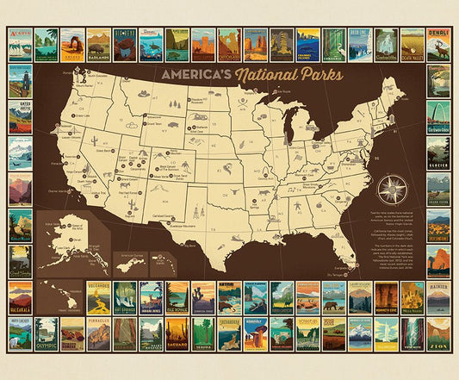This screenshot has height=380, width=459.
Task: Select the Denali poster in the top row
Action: tap(438, 45)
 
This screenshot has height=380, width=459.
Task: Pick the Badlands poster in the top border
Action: tap(99, 45)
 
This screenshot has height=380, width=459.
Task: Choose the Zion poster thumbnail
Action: tap(438, 333)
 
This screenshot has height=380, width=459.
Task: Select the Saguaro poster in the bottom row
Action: tap(177, 333)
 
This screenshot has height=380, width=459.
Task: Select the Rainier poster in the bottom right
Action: tap(438, 297)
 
